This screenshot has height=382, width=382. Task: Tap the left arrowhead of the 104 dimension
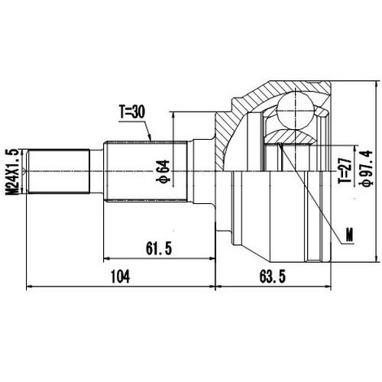(29, 288)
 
